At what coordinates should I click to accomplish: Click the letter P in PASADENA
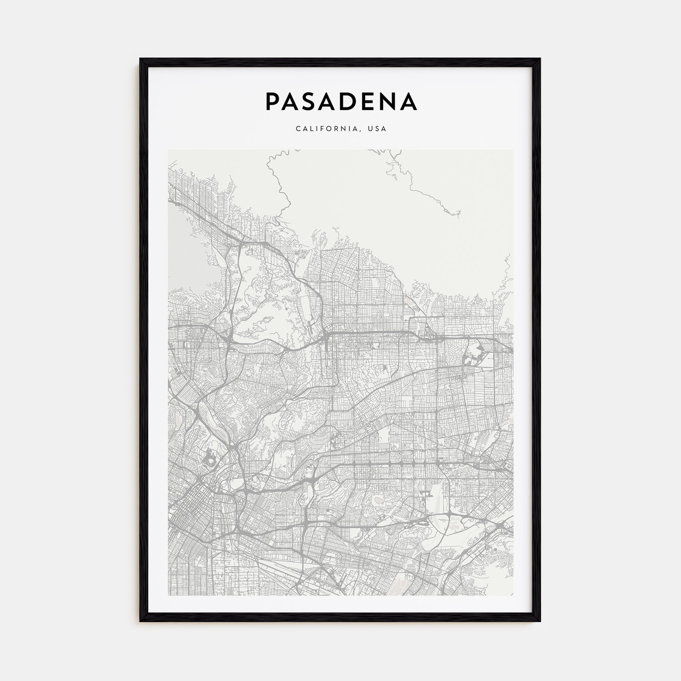click(x=273, y=101)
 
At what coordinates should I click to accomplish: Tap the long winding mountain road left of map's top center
click(x=279, y=187)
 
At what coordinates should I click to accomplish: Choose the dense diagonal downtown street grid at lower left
click(x=190, y=522)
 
